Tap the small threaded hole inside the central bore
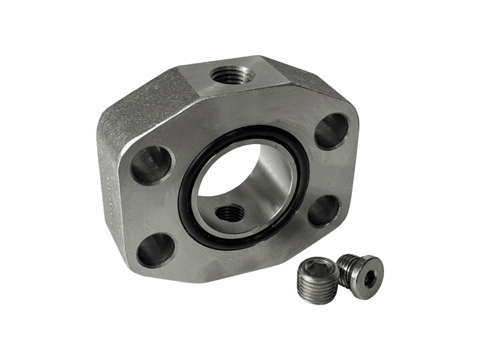230,213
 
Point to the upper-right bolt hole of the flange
331,131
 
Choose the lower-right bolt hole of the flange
324,210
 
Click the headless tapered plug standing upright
318,280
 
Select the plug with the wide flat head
362,276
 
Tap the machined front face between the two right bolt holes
334,172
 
